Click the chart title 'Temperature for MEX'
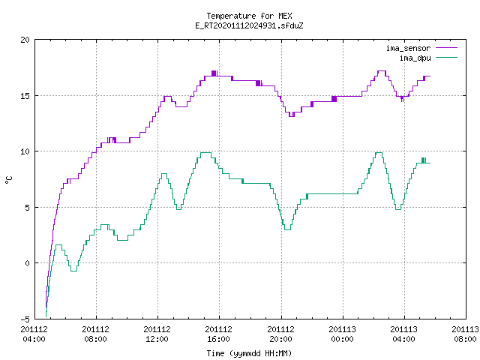249,16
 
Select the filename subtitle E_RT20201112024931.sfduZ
249,25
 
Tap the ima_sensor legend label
408,48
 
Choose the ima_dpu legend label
415,58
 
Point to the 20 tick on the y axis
25,40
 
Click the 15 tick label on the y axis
25,96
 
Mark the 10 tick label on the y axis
25,151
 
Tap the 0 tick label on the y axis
27,263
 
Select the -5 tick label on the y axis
25,319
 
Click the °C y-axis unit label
8,180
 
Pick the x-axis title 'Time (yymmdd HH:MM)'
249,353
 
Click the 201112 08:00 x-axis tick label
95,334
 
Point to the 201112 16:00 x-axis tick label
218,334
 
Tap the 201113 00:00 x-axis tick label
342,334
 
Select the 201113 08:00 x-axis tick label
465,334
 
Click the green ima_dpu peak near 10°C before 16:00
205,152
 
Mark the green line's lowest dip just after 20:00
287,229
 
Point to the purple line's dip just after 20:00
292,116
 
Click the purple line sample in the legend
446,48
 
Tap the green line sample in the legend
446,57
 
